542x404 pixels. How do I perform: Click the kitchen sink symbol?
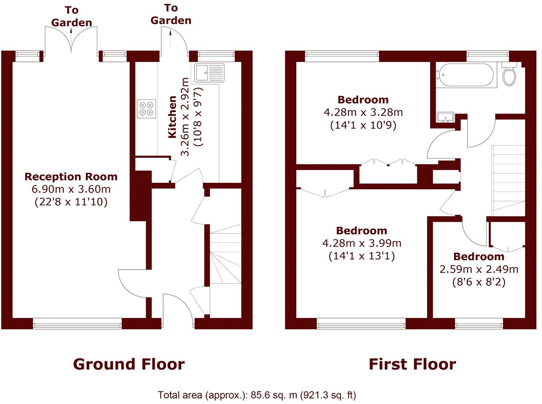(x=209, y=73)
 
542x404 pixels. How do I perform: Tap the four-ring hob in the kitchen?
(x=146, y=109)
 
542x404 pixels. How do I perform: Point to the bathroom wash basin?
(x=446, y=117)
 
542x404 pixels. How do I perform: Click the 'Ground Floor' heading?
(x=129, y=364)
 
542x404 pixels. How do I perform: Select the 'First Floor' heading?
(x=412, y=364)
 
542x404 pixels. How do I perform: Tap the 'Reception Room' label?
(x=71, y=177)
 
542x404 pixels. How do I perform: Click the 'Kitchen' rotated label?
(x=172, y=117)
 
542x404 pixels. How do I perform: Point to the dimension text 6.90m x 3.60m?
(x=71, y=189)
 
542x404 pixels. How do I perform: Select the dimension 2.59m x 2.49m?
(x=479, y=269)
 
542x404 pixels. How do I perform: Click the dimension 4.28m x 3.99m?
(x=362, y=243)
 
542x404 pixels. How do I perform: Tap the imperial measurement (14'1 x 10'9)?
(x=363, y=125)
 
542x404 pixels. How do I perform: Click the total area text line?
(x=257, y=395)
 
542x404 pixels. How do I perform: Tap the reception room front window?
(x=77, y=325)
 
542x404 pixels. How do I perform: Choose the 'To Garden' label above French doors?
(x=71, y=17)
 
